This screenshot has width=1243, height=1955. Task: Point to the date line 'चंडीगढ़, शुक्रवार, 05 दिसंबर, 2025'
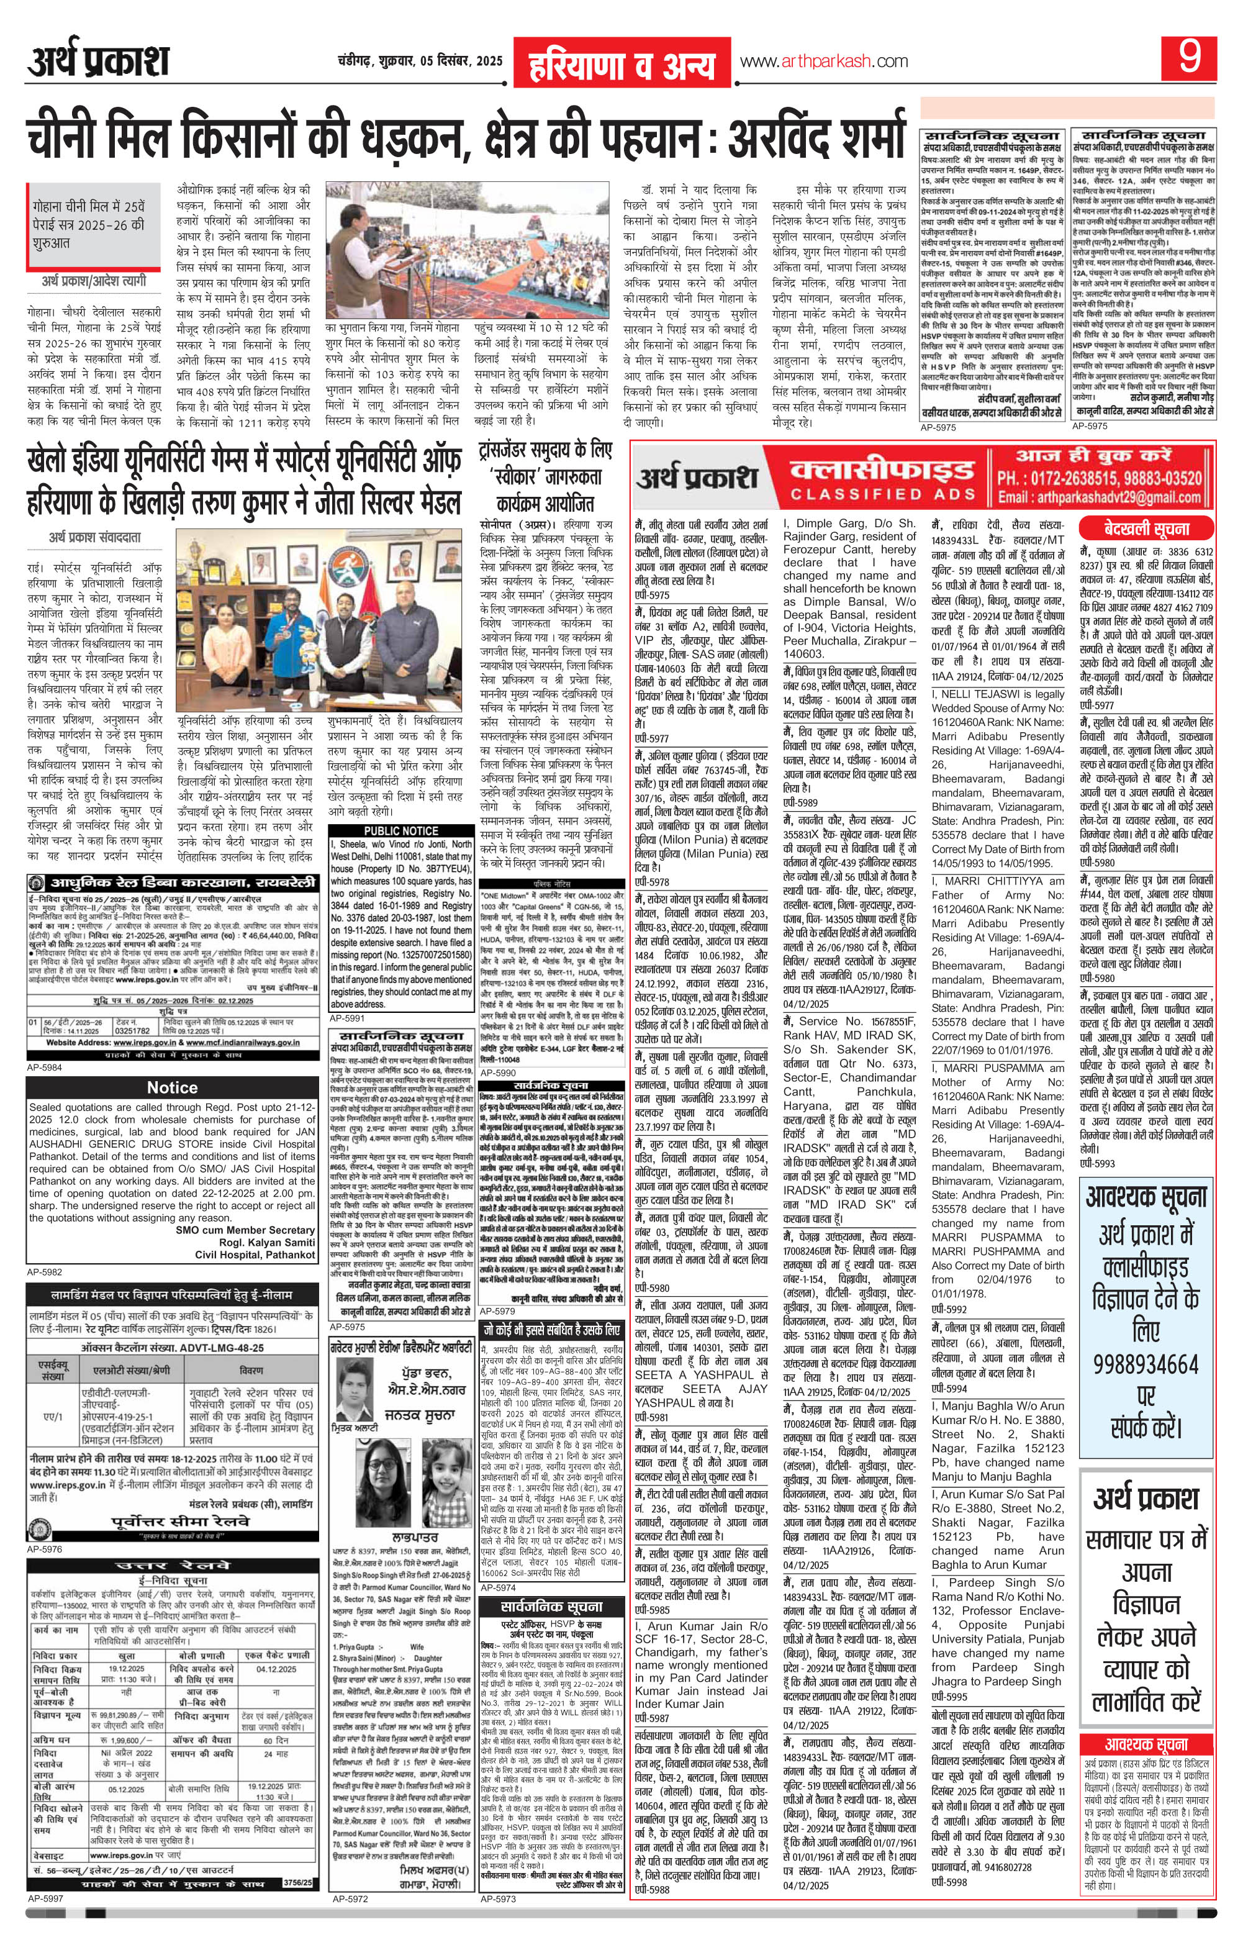[x=420, y=61]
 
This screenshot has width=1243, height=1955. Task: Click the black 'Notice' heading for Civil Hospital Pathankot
[x=171, y=1087]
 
